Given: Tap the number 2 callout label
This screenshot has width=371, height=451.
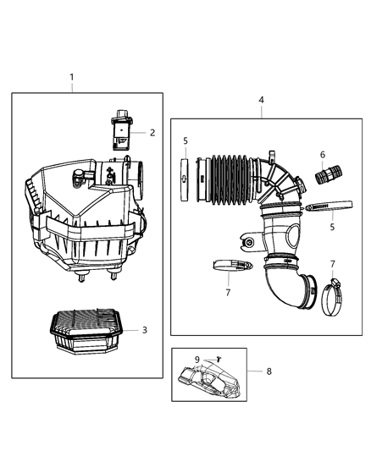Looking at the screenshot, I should (x=152, y=132).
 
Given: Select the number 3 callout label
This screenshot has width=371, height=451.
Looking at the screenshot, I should (x=145, y=329).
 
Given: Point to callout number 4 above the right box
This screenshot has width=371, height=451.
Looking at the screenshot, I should (x=261, y=100).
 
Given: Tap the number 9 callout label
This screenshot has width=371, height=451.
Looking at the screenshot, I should (x=198, y=359).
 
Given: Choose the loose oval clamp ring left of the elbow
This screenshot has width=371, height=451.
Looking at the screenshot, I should (x=230, y=267).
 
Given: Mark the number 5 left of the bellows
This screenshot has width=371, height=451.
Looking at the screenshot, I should (x=185, y=140).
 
